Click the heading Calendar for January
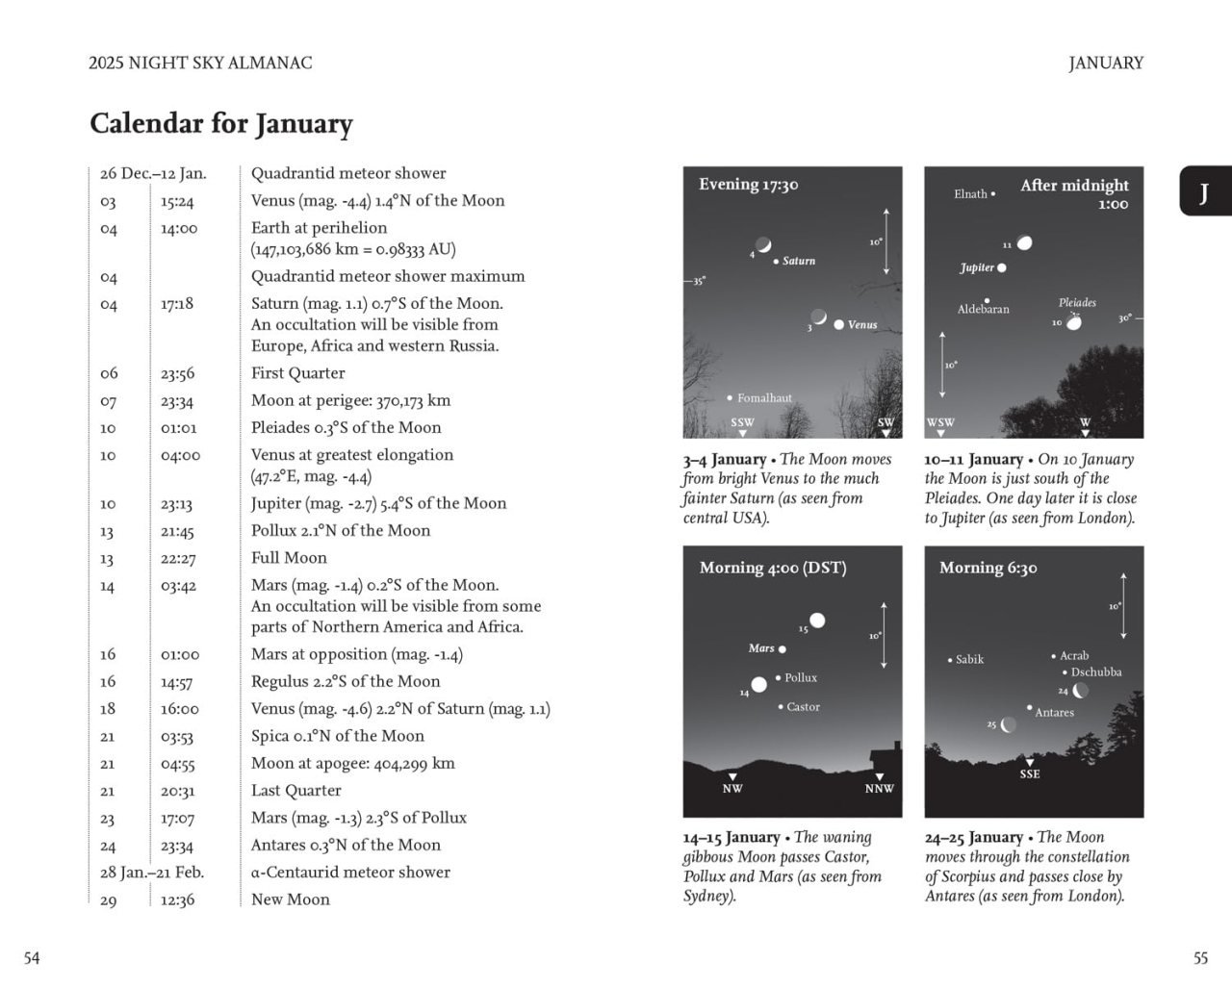[x=221, y=124]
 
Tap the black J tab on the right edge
[x=1203, y=191]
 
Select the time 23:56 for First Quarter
[x=178, y=373]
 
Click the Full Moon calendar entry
[x=289, y=558]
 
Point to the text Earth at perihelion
[x=319, y=228]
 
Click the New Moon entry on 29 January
[x=290, y=899]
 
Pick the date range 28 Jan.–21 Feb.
[x=152, y=873]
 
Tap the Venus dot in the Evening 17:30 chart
[x=839, y=324]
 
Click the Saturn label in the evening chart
[x=798, y=261]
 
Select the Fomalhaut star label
[x=764, y=398]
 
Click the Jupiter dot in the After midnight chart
[x=1002, y=267]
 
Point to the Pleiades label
[x=1077, y=302]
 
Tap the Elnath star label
[x=970, y=194]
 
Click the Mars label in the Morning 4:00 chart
[x=761, y=648]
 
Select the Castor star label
[x=803, y=707]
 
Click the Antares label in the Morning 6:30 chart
[x=1054, y=713]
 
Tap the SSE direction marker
[x=1030, y=773]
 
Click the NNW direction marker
[x=879, y=789]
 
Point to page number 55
[x=1199, y=958]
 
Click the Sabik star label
[x=969, y=660]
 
